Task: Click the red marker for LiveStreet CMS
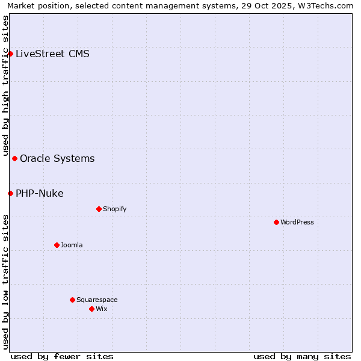click(x=10, y=54)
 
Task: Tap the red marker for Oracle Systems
click(x=14, y=158)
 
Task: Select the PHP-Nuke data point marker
click(x=10, y=193)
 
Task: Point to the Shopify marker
click(x=99, y=209)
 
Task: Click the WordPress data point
click(x=276, y=222)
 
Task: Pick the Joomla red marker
click(x=57, y=245)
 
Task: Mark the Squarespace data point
click(x=72, y=300)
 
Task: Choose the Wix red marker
click(x=91, y=309)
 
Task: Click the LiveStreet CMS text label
click(x=52, y=54)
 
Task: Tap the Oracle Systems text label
click(x=57, y=158)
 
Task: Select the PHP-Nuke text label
click(x=40, y=193)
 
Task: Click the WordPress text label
click(x=297, y=222)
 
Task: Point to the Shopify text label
click(x=115, y=209)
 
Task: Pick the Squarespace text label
click(x=97, y=300)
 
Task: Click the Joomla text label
click(x=72, y=245)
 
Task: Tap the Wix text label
click(x=102, y=309)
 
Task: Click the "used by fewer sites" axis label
click(x=61, y=356)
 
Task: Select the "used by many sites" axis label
click(x=302, y=356)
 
